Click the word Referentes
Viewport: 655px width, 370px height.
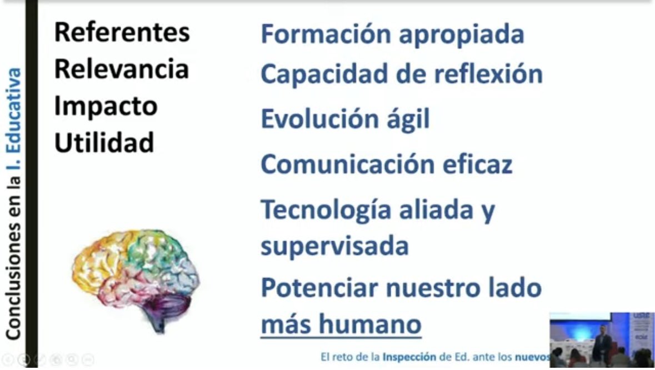tap(122, 33)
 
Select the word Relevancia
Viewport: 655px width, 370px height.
tap(122, 69)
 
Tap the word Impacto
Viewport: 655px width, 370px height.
tap(106, 106)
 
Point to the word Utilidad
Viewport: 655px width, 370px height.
tap(104, 143)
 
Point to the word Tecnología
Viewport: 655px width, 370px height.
tap(327, 210)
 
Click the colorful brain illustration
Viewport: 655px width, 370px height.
tap(135, 274)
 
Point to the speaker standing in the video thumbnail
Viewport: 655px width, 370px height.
tap(601, 345)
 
